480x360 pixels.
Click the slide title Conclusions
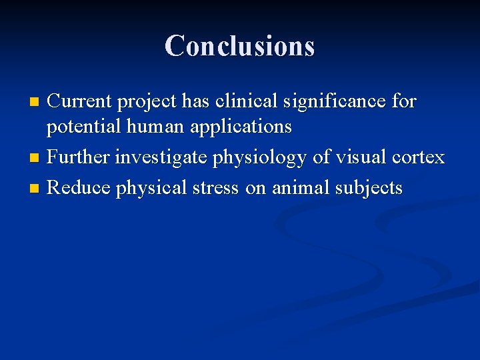[x=239, y=46]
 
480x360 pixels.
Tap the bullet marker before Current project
[x=35, y=103]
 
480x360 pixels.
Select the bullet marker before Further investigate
[x=35, y=159]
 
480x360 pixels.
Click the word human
[x=155, y=126]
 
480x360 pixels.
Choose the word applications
[x=241, y=127]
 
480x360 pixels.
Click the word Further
[x=78, y=157]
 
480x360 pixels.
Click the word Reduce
[x=79, y=188]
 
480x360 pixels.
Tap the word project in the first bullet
[x=149, y=103]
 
